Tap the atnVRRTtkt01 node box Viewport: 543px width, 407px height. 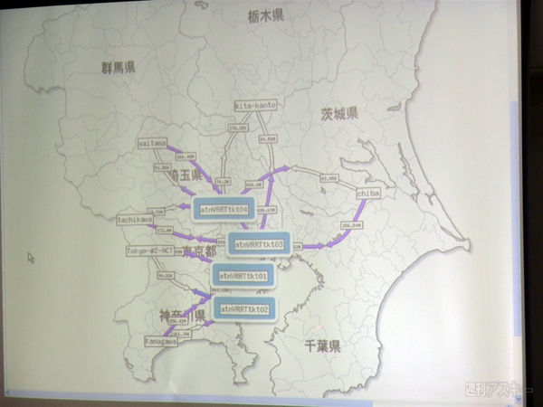point(243,276)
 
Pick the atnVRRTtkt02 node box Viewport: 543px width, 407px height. point(243,309)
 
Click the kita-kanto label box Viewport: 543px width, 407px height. point(256,106)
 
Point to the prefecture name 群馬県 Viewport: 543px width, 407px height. point(119,67)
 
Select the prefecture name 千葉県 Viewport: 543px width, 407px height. point(321,345)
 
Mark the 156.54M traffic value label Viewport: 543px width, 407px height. point(351,224)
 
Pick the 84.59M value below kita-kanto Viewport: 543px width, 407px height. point(267,139)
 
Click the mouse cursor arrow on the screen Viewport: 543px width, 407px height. point(31,258)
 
